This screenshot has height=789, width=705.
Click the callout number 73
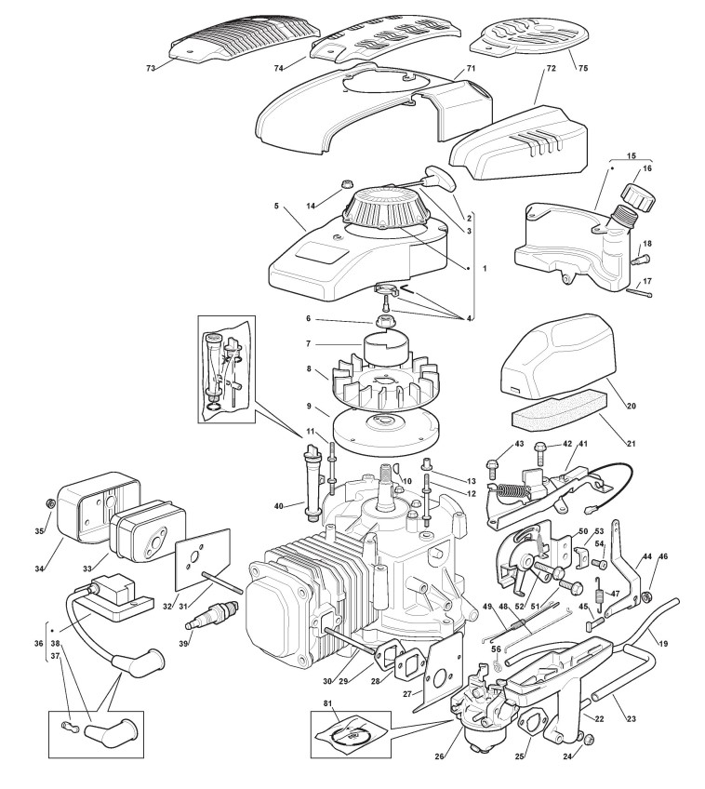coord(151,67)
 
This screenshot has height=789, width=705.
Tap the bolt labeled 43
coord(494,461)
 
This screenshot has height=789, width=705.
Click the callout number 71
coord(471,69)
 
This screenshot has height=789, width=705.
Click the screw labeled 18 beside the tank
coord(638,260)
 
